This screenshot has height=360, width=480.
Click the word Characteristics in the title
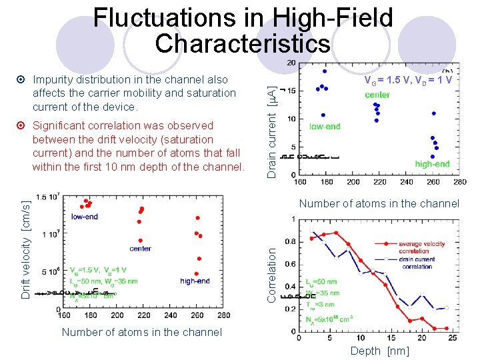pyautogui.click(x=243, y=43)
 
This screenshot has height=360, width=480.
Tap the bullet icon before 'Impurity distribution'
pyautogui.click(x=21, y=80)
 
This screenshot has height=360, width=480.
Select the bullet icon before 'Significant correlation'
pyautogui.click(x=21, y=126)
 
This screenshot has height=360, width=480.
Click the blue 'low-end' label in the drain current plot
pyautogui.click(x=325, y=127)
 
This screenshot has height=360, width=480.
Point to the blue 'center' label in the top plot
pyautogui.click(x=377, y=95)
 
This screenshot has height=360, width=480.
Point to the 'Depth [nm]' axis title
pyautogui.click(x=379, y=351)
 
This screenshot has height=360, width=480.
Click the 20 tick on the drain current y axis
pyautogui.click(x=292, y=63)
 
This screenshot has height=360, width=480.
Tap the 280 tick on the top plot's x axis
pyautogui.click(x=459, y=181)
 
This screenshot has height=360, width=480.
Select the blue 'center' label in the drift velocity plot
pyautogui.click(x=140, y=249)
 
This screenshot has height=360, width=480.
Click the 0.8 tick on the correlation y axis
pyautogui.click(x=292, y=242)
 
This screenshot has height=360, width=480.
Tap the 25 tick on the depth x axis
pyautogui.click(x=453, y=338)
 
